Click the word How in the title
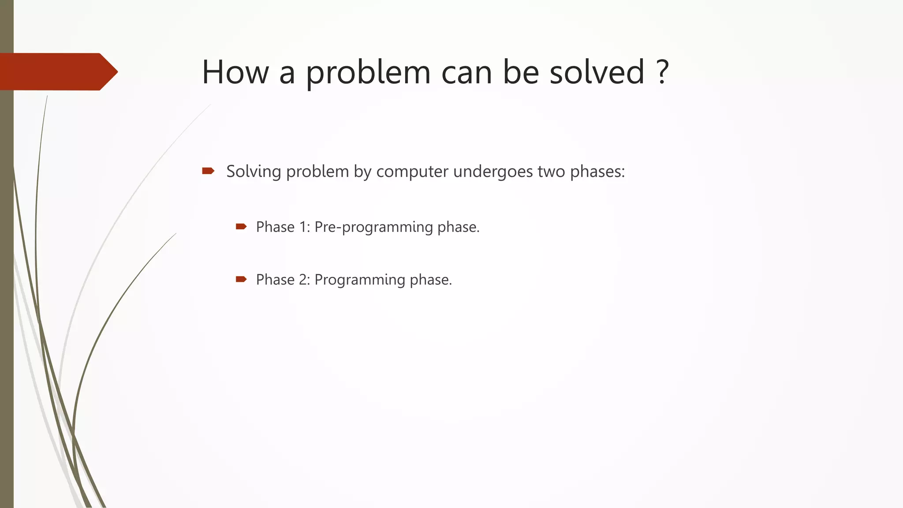[235, 72]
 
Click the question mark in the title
[662, 72]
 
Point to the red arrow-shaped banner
[57, 72]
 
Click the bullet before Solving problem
[208, 171]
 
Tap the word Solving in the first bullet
[254, 172]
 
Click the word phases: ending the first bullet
[597, 172]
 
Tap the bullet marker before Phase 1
[241, 227]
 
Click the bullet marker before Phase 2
[241, 279]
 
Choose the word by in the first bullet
[362, 172]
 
